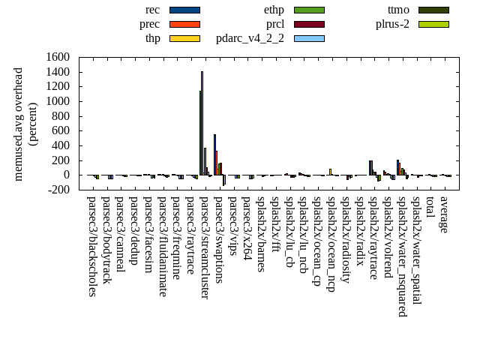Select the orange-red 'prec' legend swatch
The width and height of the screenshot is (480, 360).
pos(184,24)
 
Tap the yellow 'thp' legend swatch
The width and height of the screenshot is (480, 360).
pos(184,37)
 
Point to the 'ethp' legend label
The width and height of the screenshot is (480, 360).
pos(274,10)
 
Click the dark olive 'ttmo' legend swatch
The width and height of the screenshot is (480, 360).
pos(433,10)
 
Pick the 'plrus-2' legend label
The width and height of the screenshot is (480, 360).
pos(392,24)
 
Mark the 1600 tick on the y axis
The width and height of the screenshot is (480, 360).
pos(58,57)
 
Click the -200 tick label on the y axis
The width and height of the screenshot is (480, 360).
pos(58,190)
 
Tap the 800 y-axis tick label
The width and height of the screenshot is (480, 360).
pos(61,116)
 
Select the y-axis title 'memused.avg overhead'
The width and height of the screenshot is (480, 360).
pos(19,124)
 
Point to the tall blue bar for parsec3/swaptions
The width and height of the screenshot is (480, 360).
pos(214,154)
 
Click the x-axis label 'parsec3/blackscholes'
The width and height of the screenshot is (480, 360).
pos(91,246)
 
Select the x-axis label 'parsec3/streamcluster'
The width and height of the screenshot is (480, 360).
pos(204,247)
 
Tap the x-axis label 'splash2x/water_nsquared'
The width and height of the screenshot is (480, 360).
pos(401,256)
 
